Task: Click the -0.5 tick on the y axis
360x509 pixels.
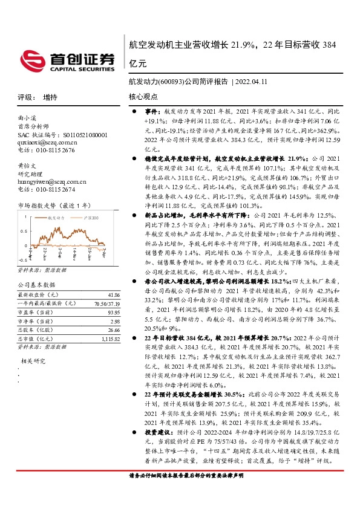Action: (x=22, y=254)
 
